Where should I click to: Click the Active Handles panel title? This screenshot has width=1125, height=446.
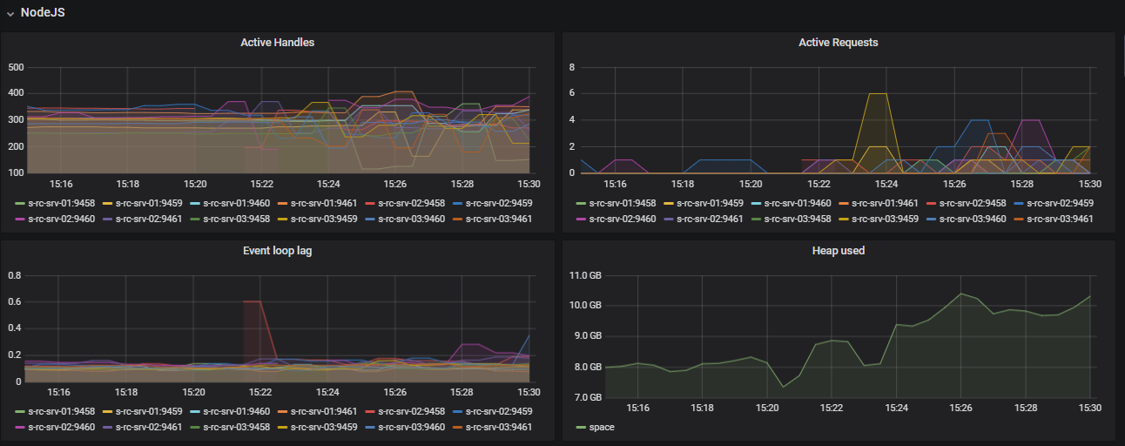(x=277, y=42)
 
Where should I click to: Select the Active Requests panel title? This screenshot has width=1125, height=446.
(x=838, y=42)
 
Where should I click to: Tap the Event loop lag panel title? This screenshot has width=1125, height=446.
(x=277, y=250)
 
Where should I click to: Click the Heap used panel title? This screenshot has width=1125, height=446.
(x=838, y=250)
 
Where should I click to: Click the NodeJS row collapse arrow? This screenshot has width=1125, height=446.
(x=10, y=13)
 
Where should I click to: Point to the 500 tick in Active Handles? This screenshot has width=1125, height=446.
(x=17, y=67)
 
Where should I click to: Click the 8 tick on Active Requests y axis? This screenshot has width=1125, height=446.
(x=571, y=67)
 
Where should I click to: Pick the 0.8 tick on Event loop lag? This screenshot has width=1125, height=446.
(x=14, y=275)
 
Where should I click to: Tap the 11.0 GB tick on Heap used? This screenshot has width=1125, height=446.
(x=585, y=275)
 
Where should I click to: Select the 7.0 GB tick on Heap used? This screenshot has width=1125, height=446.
(x=585, y=397)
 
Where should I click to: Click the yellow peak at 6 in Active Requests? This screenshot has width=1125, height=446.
(x=878, y=93)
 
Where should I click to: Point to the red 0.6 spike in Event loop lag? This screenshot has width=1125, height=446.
(x=252, y=301)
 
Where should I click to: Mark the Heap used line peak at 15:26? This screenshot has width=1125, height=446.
(x=961, y=294)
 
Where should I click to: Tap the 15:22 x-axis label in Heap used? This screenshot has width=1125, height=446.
(x=832, y=408)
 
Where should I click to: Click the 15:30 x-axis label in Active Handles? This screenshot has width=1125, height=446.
(x=529, y=184)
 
